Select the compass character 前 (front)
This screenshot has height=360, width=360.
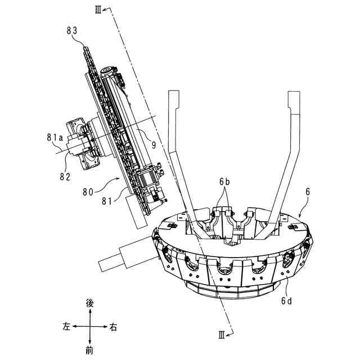click(89, 350)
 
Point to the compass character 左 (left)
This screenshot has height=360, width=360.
click(66, 327)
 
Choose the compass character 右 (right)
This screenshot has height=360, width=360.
click(114, 327)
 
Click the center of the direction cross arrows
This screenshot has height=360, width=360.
click(89, 327)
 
